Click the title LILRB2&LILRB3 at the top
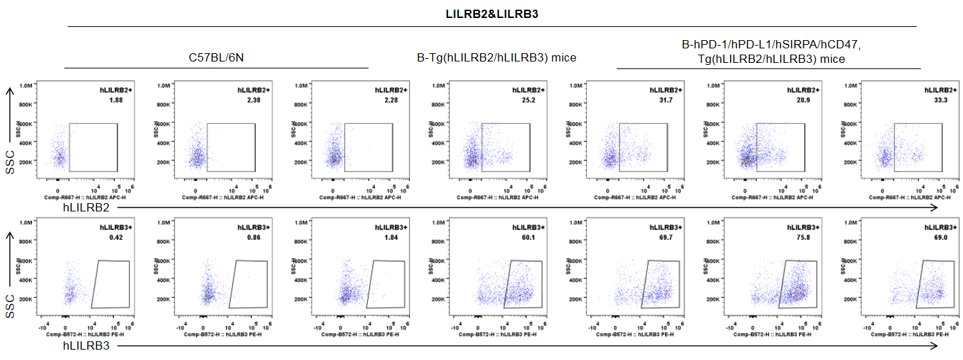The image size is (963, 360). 492,12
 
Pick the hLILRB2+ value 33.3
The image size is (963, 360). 938,101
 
